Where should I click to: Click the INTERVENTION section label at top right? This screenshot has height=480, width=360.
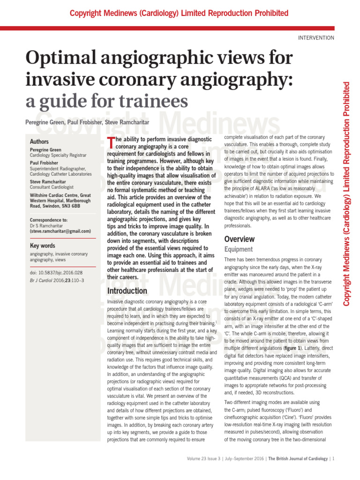(x=316, y=38)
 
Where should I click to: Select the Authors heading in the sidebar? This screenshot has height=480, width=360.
(x=39, y=141)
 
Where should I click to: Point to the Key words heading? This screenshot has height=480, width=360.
(x=42, y=246)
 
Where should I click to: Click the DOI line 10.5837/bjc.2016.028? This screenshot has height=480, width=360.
(x=56, y=272)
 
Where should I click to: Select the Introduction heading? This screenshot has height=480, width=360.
(x=127, y=291)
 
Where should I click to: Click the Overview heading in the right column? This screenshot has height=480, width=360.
(x=240, y=239)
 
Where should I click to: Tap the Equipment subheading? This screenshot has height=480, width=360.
(x=239, y=250)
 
